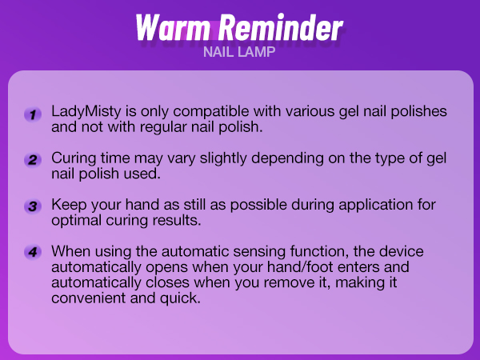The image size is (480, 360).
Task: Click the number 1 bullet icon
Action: tap(32, 115)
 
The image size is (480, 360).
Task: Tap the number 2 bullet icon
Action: tap(32, 160)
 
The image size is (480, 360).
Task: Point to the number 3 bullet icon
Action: tap(32, 206)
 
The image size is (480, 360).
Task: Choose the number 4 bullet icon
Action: tap(32, 253)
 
